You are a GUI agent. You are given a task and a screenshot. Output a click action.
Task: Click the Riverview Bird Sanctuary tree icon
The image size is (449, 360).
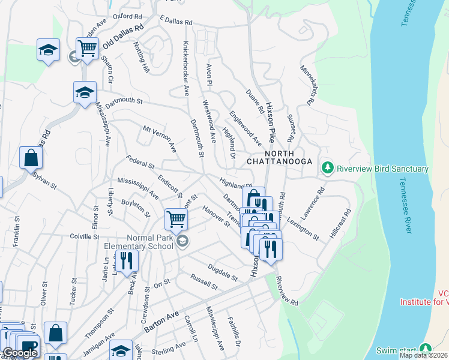click(327, 168)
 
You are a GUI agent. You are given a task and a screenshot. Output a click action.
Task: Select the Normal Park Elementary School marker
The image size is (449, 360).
click(183, 242)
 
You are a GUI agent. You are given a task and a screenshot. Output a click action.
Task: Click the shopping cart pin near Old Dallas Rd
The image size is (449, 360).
click(87, 49)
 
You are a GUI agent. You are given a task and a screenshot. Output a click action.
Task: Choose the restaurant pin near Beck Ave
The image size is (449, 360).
click(127, 260)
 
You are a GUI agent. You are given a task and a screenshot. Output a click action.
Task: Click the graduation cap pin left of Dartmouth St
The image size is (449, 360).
click(85, 92)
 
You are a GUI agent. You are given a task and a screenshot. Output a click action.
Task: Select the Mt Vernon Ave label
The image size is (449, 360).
click(160, 138)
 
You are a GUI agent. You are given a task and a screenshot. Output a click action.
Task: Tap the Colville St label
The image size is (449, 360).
click(84, 237)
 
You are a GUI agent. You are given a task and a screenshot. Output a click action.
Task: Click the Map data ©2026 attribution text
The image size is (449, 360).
click(423, 355)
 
